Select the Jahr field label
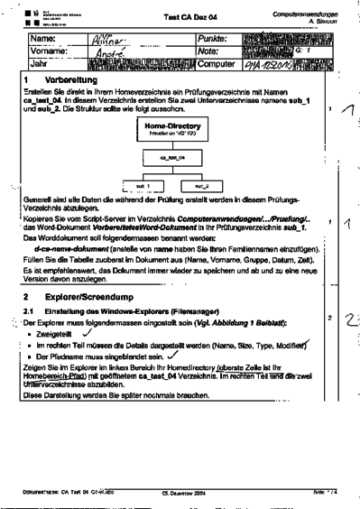coord(42,65)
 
